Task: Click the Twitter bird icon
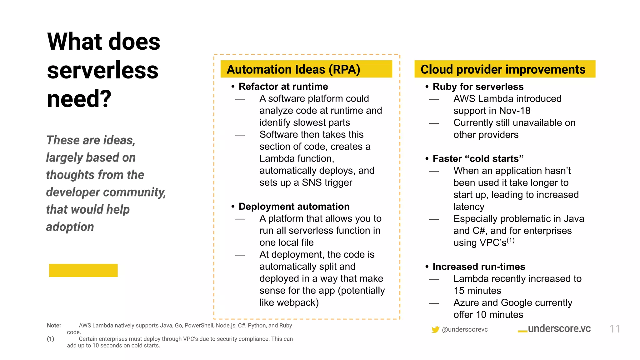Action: pos(435,329)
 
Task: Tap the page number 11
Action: pos(615,329)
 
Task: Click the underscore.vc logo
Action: pos(555,329)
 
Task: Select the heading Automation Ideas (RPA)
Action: pos(293,69)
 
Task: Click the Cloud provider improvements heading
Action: pos(502,69)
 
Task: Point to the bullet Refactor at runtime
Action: pos(283,87)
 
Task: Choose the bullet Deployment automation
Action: pos(294,207)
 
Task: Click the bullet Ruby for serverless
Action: pos(478,87)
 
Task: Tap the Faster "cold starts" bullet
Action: pos(478,159)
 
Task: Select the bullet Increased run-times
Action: pos(478,267)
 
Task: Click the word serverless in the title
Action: pos(103,70)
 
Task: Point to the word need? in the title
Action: pos(79,99)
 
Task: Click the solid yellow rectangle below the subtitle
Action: pos(83,270)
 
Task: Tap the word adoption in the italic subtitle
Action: pos(70,227)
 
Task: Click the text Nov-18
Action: pos(515,111)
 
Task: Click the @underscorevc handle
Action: pos(465,329)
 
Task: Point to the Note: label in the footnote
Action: pos(54,325)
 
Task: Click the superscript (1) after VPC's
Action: pos(510,240)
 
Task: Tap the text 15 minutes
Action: pos(477,291)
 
